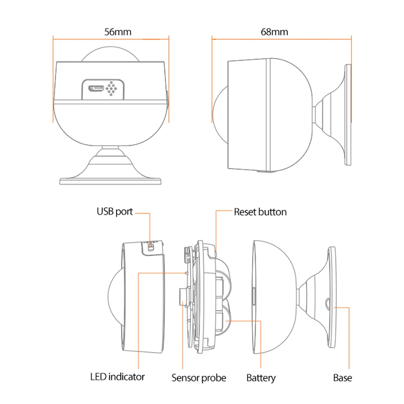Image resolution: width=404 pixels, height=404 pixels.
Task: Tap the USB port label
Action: [x=114, y=211]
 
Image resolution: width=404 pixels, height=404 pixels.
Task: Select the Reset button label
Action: [x=260, y=212]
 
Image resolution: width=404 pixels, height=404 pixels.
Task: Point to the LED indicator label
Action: [x=117, y=377]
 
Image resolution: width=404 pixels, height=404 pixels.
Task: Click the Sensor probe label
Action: [x=199, y=378]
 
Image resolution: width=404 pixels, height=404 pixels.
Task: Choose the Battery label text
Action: [x=261, y=378]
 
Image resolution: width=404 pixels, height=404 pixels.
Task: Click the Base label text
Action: [x=342, y=378]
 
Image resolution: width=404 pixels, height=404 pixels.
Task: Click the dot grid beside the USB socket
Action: [x=112, y=88]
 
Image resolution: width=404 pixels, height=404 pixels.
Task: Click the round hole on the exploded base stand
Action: [x=327, y=301]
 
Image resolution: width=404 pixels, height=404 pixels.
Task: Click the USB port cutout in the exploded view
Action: [x=151, y=246]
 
